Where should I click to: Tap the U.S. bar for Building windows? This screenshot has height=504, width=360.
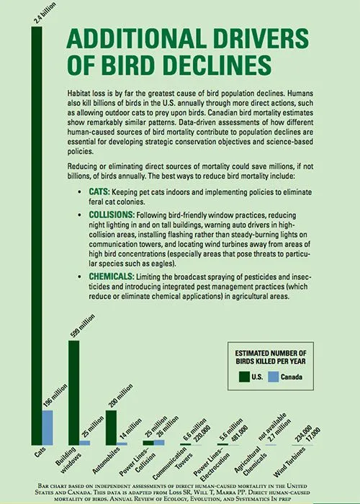tap(73, 392)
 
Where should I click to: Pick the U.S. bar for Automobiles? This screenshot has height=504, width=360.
tap(111, 428)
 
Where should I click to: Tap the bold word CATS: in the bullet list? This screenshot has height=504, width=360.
tap(101, 193)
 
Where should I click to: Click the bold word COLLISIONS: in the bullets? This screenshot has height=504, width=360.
tap(113, 215)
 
